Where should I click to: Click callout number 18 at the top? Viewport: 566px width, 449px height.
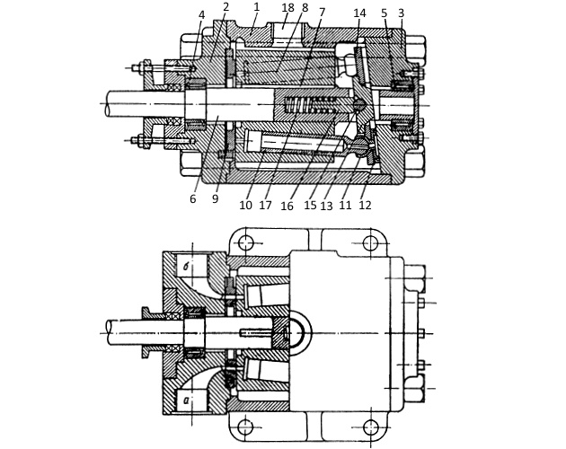click(288, 8)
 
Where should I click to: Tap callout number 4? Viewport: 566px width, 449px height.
click(201, 14)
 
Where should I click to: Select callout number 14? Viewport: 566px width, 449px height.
click(359, 13)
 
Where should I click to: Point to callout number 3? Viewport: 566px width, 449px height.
click(401, 13)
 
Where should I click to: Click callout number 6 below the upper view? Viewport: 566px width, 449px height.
click(193, 198)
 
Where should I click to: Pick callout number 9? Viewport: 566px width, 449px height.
click(215, 198)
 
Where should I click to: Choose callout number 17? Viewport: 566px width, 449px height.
click(265, 205)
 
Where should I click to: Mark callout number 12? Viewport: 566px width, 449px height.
click(365, 205)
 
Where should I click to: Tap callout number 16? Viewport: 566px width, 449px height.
click(287, 206)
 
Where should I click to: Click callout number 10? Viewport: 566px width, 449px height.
click(245, 205)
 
